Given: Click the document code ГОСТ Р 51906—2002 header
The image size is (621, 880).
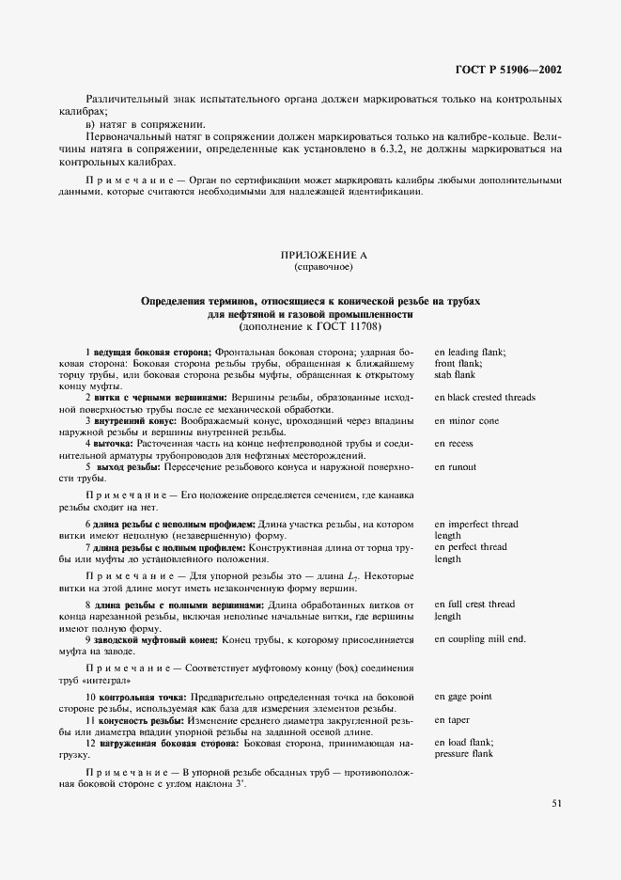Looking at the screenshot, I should (510, 70).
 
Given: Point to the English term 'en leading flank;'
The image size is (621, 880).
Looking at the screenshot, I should (471, 352).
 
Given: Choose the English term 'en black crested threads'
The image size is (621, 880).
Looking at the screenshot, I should (485, 397).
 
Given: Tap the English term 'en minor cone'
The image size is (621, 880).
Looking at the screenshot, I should (467, 420).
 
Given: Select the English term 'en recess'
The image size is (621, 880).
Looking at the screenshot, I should (454, 443).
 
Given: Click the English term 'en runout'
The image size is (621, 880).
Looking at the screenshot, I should (455, 466).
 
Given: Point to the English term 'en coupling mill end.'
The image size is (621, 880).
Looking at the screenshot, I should (480, 639).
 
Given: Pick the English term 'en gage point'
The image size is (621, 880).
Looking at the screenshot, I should (463, 697).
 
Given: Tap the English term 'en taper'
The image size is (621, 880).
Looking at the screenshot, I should (452, 719).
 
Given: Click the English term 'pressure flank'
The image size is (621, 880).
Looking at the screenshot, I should (464, 754).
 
